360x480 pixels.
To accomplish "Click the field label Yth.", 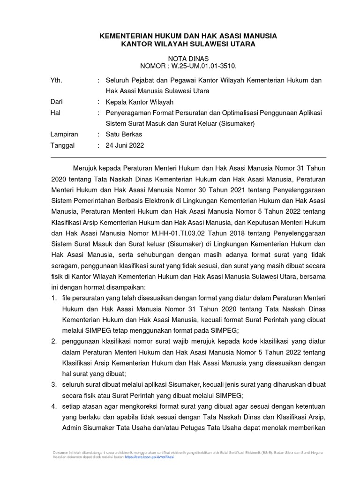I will click(x=56, y=81).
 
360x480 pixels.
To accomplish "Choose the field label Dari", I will click(x=56, y=102).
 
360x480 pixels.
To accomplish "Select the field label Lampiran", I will click(x=64, y=134).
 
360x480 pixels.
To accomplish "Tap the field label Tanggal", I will click(x=62, y=145).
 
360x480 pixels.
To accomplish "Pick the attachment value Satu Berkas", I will click(x=124, y=134).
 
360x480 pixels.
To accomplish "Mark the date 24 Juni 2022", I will click(x=125, y=145).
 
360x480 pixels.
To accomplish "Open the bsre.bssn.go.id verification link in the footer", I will click(x=150, y=456).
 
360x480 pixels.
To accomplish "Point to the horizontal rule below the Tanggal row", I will click(x=187, y=157).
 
